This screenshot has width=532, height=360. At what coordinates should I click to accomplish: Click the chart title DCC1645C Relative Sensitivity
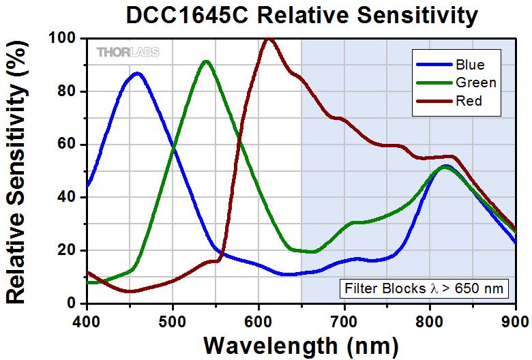pos(302,15)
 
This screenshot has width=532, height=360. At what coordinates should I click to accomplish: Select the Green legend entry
pos(456,82)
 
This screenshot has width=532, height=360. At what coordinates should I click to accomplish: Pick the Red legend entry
pos(449,101)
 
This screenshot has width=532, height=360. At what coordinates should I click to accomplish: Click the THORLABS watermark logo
pos(128,52)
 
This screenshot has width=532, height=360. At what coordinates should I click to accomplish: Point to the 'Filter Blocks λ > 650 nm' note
pos(424,288)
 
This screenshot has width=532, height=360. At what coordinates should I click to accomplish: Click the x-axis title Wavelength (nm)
pos(301,346)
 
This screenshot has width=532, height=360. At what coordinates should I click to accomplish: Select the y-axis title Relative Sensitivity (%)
pos(16,172)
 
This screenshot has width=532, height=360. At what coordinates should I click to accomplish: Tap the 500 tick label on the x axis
pos(173,321)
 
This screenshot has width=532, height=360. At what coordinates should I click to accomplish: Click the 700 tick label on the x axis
pos(344,321)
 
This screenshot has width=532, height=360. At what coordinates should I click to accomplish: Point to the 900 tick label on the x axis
pos(518,321)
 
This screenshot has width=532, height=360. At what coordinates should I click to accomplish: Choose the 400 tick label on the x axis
pos(87,321)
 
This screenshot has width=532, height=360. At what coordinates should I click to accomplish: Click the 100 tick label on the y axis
pos(62,38)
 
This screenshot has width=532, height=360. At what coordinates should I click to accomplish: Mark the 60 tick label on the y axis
pos(67,144)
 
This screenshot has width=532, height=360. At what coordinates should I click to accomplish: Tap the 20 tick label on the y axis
pos(67,250)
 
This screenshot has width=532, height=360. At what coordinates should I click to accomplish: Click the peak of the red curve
pos(269,39)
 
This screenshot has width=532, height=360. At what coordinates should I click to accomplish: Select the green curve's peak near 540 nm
pos(206,62)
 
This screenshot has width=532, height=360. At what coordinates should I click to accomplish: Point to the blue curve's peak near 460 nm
pos(137,73)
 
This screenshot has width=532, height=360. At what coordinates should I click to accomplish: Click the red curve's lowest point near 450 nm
pos(130,291)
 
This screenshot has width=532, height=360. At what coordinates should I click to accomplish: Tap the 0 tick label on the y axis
pos(71,303)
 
